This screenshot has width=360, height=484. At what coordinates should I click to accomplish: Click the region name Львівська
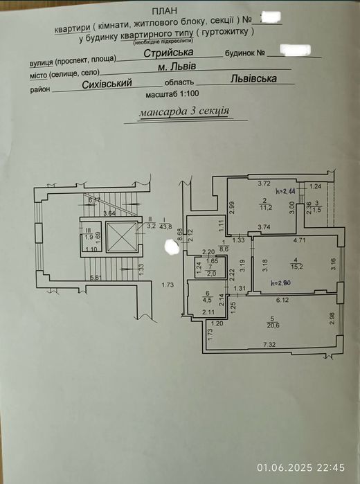(254, 78)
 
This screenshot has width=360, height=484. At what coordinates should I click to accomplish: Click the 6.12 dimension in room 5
(282, 300)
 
